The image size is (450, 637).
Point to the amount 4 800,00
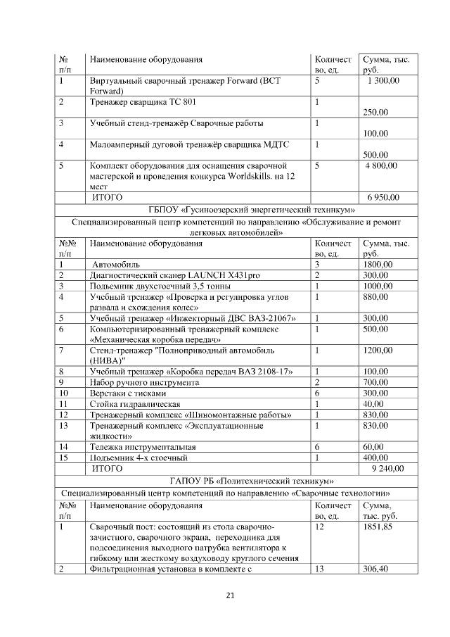pos(381,165)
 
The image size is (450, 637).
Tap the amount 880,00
pos(373,297)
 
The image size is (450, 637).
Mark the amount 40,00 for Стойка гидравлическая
pos(371,404)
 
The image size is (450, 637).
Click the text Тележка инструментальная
pos(142,446)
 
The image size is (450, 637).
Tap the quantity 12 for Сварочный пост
pos(320,526)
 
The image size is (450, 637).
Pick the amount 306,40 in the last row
pos(375,569)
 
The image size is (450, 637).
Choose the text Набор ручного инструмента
pos(144,382)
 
